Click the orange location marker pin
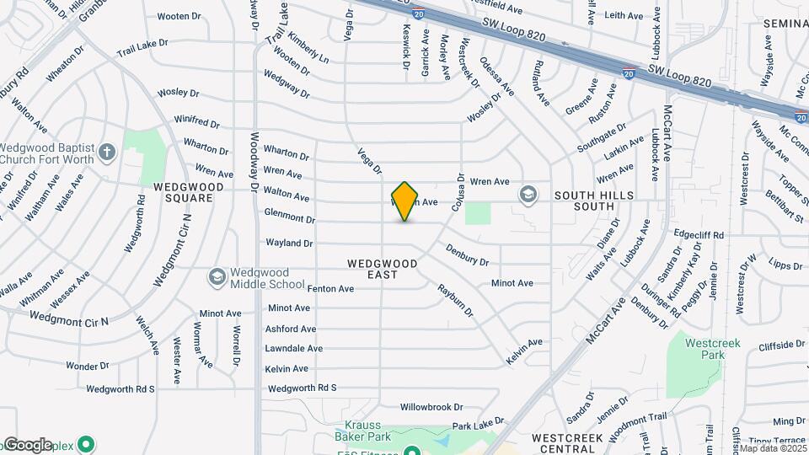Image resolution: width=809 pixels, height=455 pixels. click(x=405, y=201)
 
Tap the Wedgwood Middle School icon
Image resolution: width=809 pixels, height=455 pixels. click(x=217, y=277)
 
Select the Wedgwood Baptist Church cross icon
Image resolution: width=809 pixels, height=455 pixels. click(x=106, y=152)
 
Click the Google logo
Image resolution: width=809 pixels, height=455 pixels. click(x=27, y=445)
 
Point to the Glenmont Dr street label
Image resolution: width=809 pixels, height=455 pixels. click(x=289, y=218)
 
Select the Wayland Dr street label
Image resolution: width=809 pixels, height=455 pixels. click(x=289, y=243)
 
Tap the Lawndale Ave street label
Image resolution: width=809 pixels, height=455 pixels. click(x=293, y=348)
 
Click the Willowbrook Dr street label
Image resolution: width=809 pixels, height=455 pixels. click(x=431, y=407)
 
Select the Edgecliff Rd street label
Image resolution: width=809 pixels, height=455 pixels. click(x=699, y=235)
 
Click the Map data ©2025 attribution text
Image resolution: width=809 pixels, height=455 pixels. click(x=772, y=448)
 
